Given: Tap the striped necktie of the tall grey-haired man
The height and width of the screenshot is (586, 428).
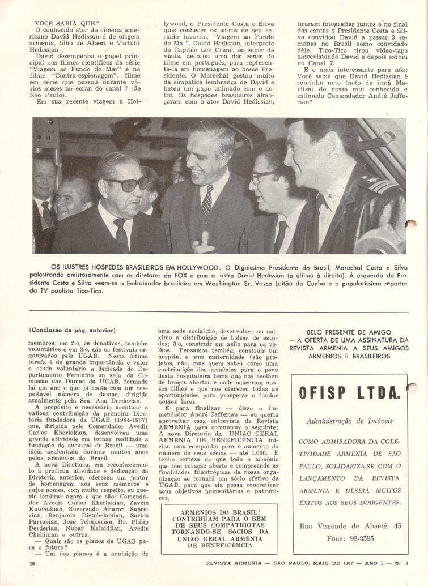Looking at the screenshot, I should pos(207,201).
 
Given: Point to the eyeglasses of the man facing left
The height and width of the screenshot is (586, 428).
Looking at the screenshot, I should pos(263,177).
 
